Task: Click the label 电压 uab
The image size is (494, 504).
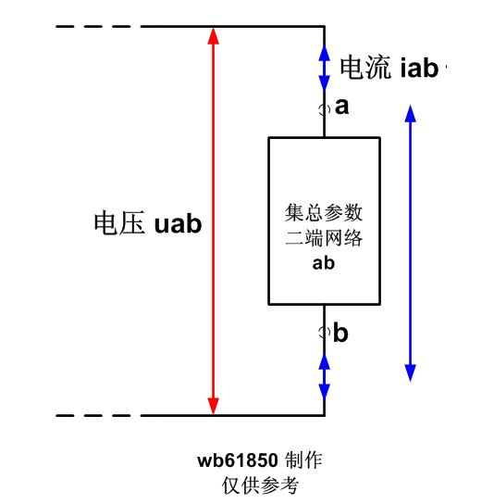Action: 148,222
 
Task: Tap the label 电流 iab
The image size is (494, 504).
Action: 389,68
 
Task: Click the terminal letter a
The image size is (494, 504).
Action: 341,107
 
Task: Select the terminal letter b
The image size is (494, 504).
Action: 340,332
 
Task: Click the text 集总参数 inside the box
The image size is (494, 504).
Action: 324,212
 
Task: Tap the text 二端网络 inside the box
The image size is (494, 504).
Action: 324,238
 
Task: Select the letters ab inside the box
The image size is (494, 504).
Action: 323,263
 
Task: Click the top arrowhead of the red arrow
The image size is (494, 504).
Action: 213,35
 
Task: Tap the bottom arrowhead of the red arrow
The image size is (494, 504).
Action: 213,406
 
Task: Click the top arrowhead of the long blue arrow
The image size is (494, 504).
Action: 410,113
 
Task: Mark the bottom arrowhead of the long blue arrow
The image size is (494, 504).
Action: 410,372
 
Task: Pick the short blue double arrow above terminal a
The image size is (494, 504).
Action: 324,68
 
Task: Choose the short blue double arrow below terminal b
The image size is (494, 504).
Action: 324,377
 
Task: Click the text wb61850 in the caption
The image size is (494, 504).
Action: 238,460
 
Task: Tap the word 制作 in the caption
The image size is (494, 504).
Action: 303,460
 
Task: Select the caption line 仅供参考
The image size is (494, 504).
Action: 260,485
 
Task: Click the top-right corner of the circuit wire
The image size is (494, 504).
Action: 324,26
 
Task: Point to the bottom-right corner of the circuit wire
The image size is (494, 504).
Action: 324,415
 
